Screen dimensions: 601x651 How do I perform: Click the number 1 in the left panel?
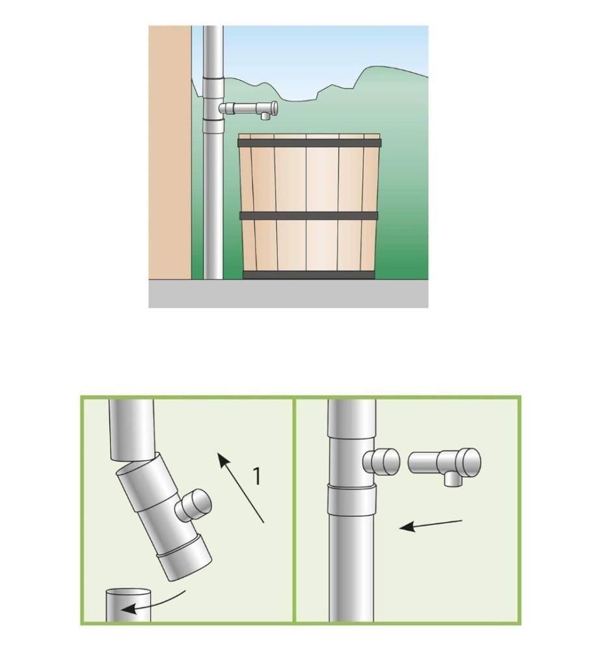(x=258, y=476)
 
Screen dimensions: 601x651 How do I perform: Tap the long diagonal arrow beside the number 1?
(x=241, y=488)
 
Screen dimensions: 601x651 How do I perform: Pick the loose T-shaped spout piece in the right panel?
(x=445, y=464)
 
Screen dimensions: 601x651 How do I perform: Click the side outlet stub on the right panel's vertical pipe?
(x=381, y=462)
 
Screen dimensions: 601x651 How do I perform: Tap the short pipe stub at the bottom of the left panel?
(x=128, y=605)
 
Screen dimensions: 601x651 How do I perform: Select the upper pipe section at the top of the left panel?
(x=132, y=430)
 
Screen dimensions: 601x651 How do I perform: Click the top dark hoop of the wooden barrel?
(x=309, y=143)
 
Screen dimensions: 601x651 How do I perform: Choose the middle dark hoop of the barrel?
(x=309, y=216)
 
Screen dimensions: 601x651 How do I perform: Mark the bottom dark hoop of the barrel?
(x=309, y=275)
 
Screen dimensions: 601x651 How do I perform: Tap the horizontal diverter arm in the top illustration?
(x=248, y=109)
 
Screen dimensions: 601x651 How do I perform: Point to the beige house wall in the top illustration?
(x=170, y=152)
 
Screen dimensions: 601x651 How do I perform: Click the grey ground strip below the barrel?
(x=288, y=294)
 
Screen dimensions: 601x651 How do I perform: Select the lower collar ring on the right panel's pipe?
(x=352, y=500)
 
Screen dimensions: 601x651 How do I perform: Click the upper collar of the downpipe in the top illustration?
(x=213, y=87)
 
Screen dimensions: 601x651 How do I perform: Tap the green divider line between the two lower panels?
(x=295, y=510)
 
